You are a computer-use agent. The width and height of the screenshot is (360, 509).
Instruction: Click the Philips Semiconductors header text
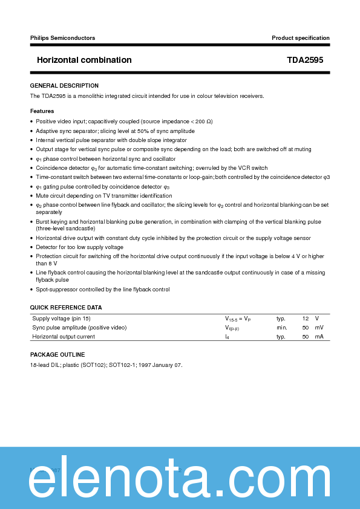(62, 38)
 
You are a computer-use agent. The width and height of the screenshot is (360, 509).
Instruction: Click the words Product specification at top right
(301, 38)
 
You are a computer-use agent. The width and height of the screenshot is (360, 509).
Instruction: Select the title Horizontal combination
(84, 60)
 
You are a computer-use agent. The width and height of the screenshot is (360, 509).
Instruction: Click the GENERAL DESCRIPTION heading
(64, 86)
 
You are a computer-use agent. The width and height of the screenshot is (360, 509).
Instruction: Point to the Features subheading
(42, 111)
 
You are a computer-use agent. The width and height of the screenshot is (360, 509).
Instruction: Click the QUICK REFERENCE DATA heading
(66, 308)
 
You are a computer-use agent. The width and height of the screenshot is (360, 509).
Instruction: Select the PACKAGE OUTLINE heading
(57, 355)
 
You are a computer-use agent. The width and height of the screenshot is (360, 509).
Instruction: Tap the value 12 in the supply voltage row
(306, 318)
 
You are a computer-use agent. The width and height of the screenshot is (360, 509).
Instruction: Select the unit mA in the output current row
(319, 337)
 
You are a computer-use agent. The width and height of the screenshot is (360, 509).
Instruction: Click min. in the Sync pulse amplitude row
(281, 328)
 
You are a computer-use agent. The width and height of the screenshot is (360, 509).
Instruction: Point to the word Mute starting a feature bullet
(42, 196)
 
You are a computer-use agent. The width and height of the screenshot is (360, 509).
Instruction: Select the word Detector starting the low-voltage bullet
(47, 247)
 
